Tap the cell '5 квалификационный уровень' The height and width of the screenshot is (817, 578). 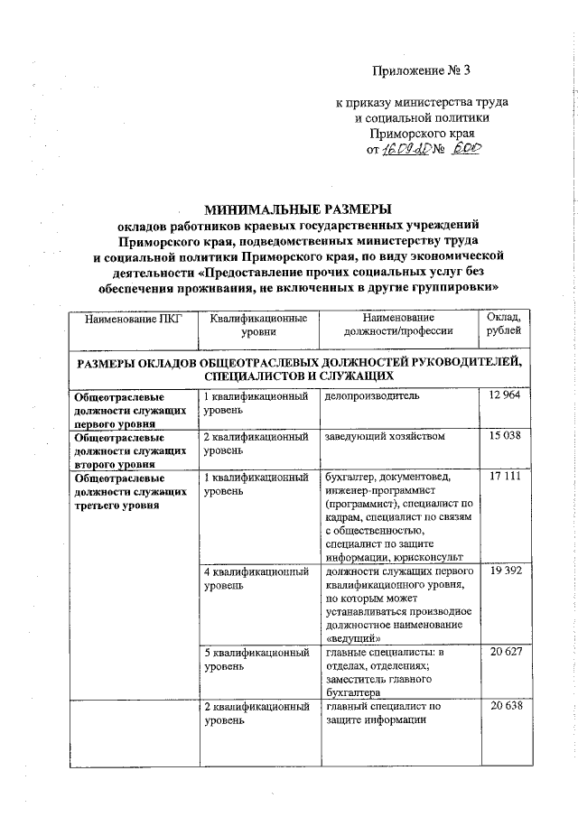pyautogui.click(x=256, y=659)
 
